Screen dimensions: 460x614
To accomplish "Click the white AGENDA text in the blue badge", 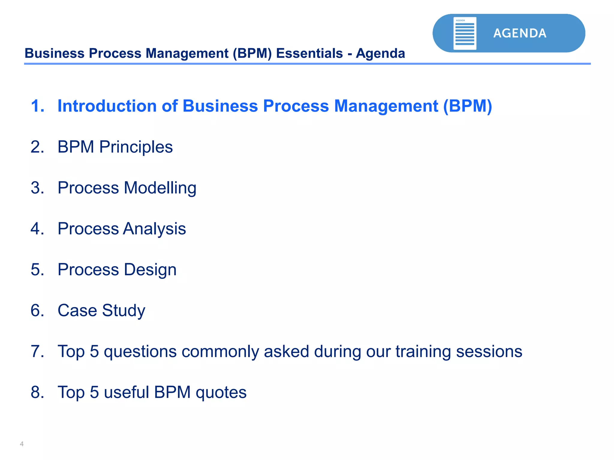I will (520, 33).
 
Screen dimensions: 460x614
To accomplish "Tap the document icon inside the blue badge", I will (465, 33).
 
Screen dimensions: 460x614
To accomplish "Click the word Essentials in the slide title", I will (309, 53).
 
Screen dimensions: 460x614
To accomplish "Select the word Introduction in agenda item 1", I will (107, 106).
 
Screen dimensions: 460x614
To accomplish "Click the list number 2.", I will (37, 147).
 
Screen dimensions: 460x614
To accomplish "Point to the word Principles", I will (136, 147).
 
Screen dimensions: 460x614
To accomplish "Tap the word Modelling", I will (160, 188).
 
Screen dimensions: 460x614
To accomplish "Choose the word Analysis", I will (154, 229).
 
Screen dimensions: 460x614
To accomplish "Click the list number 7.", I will (37, 351).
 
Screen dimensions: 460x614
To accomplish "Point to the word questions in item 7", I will (140, 352).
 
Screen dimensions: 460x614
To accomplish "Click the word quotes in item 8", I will (221, 393).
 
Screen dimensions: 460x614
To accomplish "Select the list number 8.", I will (37, 392).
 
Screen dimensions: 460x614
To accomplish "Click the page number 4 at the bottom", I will (22, 444).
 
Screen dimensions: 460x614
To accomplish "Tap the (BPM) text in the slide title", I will (252, 53).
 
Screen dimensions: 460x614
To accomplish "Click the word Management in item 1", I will (386, 106).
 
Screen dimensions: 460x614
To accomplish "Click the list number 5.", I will (37, 270).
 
